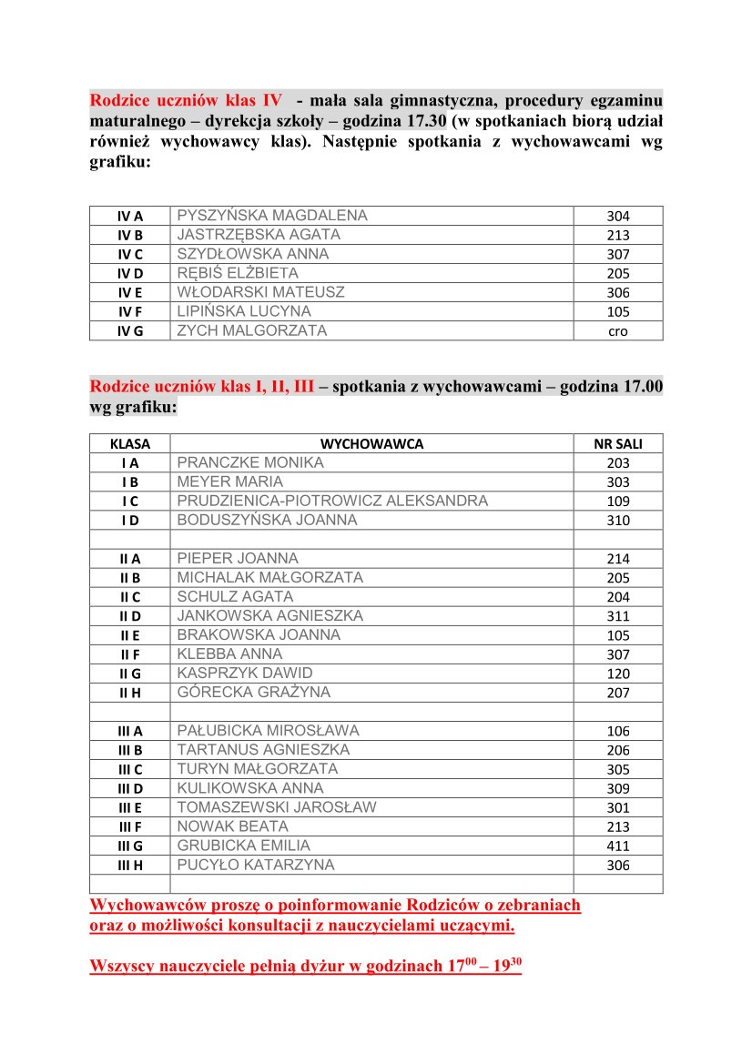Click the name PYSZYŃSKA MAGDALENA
pos(272,216)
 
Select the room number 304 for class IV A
pos(618,217)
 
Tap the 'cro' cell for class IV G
pos(618,331)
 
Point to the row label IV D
pos(130,274)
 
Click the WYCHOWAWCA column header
pos(371,444)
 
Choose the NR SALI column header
pos(618,444)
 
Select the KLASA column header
pos(130,444)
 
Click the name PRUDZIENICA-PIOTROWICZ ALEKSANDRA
pos(332,501)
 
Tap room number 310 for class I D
pos(618,521)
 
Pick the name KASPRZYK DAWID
pos(245,673)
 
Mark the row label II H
pos(130,693)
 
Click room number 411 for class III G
pos(618,846)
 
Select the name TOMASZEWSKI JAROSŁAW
pos(277,807)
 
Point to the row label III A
pos(130,731)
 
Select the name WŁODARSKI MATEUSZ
pos(261,292)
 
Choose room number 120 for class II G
pos(618,674)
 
